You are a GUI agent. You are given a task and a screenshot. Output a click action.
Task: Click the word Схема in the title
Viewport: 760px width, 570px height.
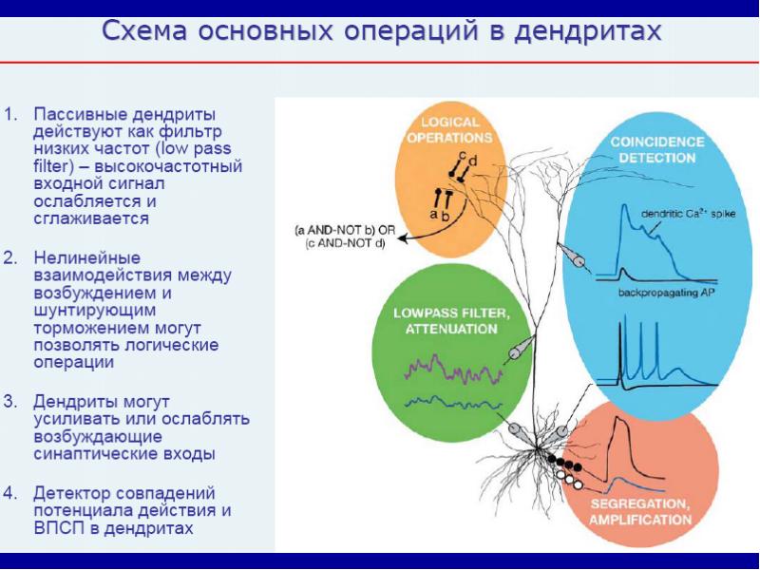(143, 31)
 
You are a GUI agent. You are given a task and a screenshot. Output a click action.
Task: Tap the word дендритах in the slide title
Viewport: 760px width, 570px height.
(586, 31)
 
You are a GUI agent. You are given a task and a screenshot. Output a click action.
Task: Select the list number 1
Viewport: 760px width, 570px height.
(10, 113)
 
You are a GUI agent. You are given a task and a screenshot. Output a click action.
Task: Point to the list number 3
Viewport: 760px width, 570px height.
(10, 401)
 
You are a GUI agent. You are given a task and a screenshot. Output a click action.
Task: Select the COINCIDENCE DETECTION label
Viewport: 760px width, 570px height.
(656, 148)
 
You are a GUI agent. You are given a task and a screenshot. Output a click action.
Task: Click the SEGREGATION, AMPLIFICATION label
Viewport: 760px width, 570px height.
(639, 511)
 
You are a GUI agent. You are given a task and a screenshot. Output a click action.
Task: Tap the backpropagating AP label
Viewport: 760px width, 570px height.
(665, 294)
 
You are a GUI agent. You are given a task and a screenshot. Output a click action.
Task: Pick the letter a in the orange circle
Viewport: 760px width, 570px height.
(433, 215)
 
